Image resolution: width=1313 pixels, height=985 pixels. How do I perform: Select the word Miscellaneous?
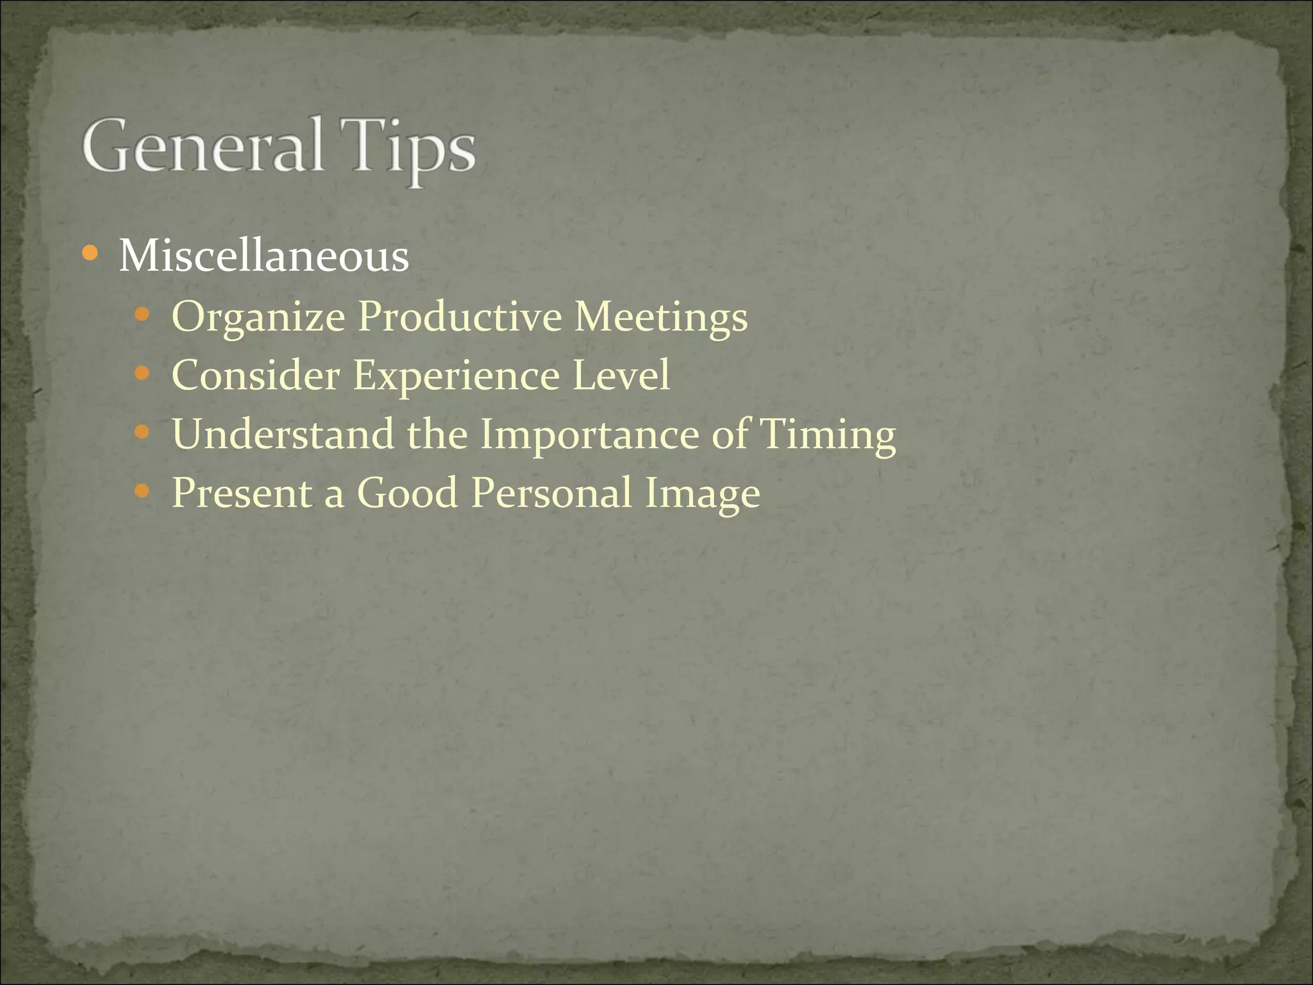pyautogui.click(x=263, y=257)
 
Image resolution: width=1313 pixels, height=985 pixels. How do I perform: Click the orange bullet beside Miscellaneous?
pyautogui.click(x=90, y=254)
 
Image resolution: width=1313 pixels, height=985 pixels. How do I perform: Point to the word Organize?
pyautogui.click(x=258, y=317)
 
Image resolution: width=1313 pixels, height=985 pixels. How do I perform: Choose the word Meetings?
pyautogui.click(x=661, y=317)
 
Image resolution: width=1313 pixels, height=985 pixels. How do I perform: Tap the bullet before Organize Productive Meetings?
pyautogui.click(x=142, y=314)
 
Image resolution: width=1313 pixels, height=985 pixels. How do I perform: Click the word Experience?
pyautogui.click(x=456, y=376)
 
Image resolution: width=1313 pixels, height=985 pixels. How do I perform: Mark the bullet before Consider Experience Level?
pyautogui.click(x=142, y=373)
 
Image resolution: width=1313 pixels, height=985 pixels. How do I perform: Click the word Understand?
pyautogui.click(x=283, y=434)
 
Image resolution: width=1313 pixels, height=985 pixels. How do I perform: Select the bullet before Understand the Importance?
pyautogui.click(x=142, y=432)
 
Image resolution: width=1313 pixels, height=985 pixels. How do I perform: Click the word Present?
pyautogui.click(x=242, y=492)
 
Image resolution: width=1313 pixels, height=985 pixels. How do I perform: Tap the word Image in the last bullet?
pyautogui.click(x=702, y=494)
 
